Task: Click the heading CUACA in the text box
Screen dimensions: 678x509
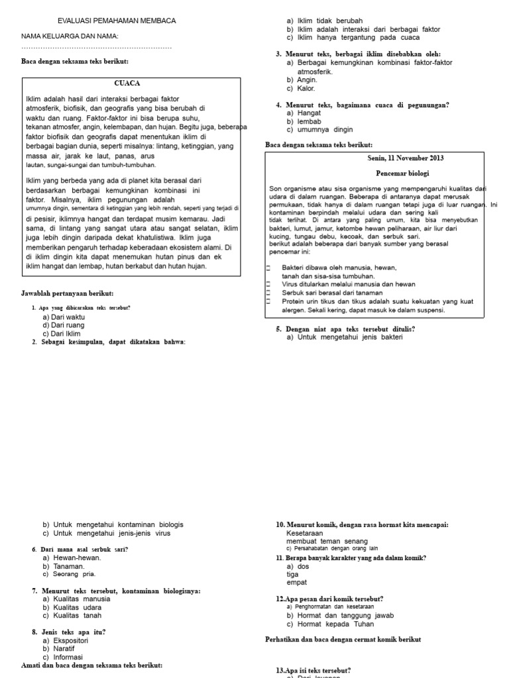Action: [x=127, y=83]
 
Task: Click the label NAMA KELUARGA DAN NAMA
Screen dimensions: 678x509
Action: [x=70, y=36]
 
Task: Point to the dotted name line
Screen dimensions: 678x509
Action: [x=96, y=48]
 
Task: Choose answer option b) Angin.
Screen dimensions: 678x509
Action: [x=302, y=79]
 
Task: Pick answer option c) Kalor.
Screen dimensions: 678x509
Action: [x=301, y=88]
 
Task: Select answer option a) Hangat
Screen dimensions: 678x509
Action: [x=304, y=113]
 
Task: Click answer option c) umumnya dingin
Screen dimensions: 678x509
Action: [x=319, y=130]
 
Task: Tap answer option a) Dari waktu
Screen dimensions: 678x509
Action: [x=64, y=317]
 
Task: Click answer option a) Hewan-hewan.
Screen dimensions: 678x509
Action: [x=72, y=558]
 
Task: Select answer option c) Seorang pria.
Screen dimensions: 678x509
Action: [x=69, y=574]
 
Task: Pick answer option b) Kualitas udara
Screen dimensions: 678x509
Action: [x=72, y=607]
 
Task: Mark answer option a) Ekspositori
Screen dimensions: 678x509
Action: [x=65, y=641]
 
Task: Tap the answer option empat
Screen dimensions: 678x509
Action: [x=296, y=583]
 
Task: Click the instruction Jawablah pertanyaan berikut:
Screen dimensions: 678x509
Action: [x=67, y=293]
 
